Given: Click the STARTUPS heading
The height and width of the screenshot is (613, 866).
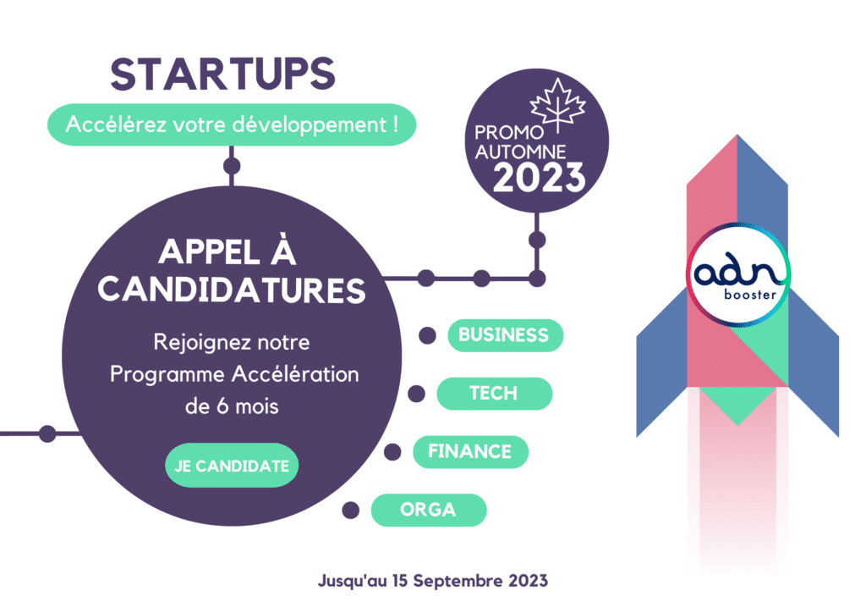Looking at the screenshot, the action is tap(222, 74).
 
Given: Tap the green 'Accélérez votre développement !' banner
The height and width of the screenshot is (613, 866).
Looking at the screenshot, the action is tap(232, 125).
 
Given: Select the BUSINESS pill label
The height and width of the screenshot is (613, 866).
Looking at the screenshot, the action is tap(506, 335).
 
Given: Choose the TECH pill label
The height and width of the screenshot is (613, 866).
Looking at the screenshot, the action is tap(494, 394).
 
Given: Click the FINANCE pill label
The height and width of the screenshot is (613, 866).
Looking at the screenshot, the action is tap(470, 451).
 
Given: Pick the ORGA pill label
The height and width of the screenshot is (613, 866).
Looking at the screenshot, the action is tap(429, 510).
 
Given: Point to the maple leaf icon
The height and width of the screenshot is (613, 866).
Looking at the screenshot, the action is tap(558, 105).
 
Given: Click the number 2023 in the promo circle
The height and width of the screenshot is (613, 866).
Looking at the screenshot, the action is tap(539, 178).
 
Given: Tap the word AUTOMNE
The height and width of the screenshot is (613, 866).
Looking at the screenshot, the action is tap(520, 152).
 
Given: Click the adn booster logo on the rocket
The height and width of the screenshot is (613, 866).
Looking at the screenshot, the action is tap(738, 274).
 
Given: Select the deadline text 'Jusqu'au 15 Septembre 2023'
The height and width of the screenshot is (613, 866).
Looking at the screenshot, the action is tap(433, 581).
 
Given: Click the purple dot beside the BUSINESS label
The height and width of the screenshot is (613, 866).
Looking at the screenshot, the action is tap(427, 335).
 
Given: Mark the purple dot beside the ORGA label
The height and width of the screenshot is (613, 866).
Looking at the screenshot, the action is tap(351, 510).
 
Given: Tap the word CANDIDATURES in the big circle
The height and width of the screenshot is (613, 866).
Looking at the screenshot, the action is tap(232, 290).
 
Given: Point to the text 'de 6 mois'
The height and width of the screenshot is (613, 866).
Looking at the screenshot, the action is tap(232, 406).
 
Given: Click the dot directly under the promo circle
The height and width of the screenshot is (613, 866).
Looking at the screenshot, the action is tap(537, 240).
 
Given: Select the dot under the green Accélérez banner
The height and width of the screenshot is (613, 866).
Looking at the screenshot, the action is tap(232, 166).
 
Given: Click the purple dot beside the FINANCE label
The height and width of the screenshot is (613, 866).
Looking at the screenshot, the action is tap(392, 451).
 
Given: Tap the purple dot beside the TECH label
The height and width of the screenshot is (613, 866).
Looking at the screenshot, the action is tap(416, 394).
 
